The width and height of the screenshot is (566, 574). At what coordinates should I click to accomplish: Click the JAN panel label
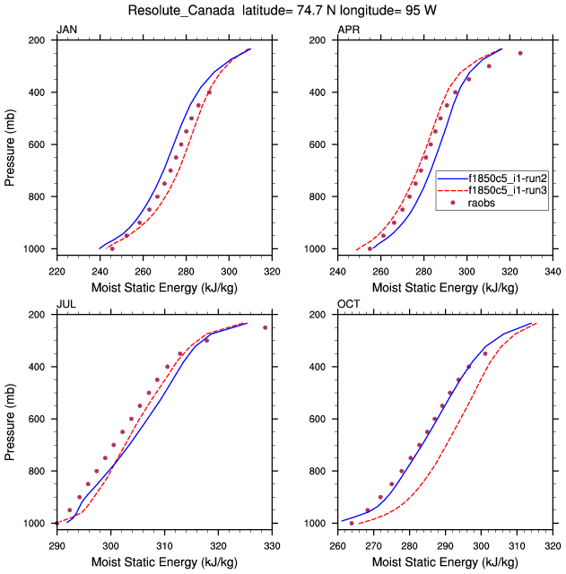pyautogui.click(x=66, y=30)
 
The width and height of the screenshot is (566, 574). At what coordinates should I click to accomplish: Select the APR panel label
pyautogui.click(x=348, y=30)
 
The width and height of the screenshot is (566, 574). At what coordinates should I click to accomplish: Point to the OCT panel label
pyautogui.click(x=348, y=306)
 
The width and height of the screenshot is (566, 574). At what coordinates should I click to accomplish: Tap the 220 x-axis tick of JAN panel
pyautogui.click(x=57, y=269)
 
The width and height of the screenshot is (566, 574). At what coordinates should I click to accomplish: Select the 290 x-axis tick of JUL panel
pyautogui.click(x=57, y=544)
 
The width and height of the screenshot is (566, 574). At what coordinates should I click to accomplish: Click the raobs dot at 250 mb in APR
pyautogui.click(x=520, y=53)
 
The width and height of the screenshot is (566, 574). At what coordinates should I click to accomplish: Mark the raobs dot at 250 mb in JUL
pyautogui.click(x=265, y=327)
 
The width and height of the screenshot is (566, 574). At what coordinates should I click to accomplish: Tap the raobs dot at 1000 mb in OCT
pyautogui.click(x=352, y=523)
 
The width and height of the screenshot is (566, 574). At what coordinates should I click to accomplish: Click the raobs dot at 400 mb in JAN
pyautogui.click(x=209, y=92)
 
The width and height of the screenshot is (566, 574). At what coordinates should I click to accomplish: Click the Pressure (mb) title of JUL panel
pyautogui.click(x=11, y=419)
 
